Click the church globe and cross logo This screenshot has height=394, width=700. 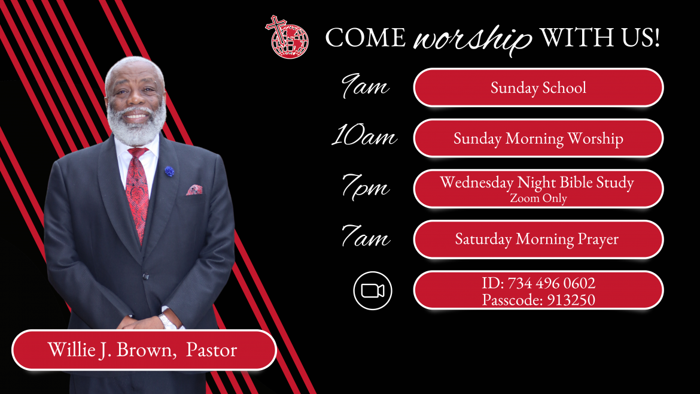(287, 37)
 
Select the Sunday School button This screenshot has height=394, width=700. (538, 87)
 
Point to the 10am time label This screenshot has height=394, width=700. (364, 135)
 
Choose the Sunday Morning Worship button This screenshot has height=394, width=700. (538, 138)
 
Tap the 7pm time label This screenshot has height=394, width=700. (365, 187)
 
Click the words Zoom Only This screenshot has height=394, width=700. (538, 198)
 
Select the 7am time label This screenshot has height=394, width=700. (365, 236)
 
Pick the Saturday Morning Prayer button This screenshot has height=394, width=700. (538, 239)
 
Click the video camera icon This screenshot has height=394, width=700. (373, 291)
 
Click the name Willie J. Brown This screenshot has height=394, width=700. (110, 350)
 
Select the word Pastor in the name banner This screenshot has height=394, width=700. (211, 350)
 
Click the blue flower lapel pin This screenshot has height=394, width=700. (169, 171)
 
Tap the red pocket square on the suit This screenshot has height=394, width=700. (194, 190)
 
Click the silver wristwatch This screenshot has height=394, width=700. (168, 321)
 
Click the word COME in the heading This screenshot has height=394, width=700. (365, 37)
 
